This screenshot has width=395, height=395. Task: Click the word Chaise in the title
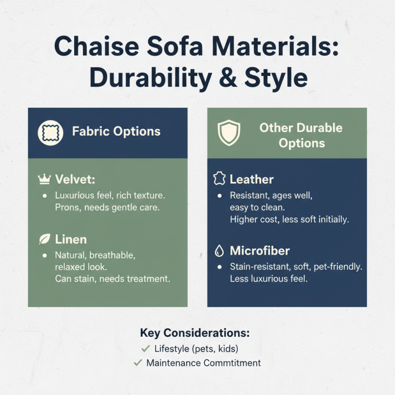click(x=97, y=46)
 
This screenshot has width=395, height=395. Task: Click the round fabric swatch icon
click(x=50, y=133)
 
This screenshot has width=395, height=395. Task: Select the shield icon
click(x=229, y=133)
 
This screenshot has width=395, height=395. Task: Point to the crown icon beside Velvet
click(x=44, y=179)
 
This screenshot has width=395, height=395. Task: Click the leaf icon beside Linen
click(x=44, y=239)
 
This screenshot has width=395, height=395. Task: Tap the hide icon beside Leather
click(x=219, y=179)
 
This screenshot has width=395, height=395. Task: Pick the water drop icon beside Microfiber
click(x=219, y=251)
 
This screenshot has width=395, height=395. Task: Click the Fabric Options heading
click(x=116, y=131)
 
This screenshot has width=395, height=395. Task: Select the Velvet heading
click(x=75, y=179)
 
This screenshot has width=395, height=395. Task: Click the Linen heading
click(x=71, y=239)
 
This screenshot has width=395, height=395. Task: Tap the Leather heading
click(x=251, y=179)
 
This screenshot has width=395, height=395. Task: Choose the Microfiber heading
click(x=260, y=251)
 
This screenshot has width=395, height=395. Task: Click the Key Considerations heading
click(x=195, y=333)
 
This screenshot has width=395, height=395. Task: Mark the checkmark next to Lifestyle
click(x=146, y=349)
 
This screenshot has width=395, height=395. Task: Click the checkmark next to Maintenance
click(x=138, y=363)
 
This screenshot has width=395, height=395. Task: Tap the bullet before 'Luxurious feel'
click(x=44, y=196)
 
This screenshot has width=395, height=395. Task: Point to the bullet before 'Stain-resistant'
click(x=219, y=267)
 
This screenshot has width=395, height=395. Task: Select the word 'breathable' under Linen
click(x=112, y=255)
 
